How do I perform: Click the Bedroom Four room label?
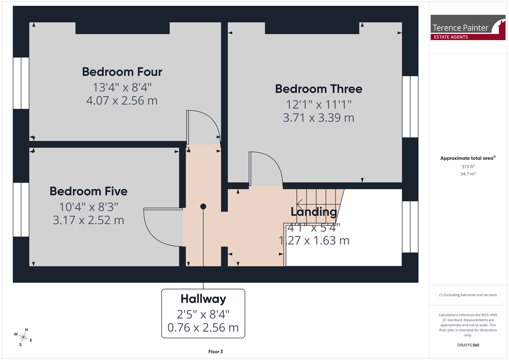tap(122, 72)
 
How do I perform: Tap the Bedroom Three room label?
tap(319, 89)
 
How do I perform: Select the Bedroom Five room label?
tap(88, 191)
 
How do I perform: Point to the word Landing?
tap(314, 212)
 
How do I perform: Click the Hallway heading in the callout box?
tap(203, 299)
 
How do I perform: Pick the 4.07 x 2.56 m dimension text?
tap(122, 101)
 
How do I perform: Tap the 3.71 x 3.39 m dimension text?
tap(318, 118)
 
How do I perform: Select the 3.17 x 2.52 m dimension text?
tap(88, 220)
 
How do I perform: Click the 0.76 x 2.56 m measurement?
tap(203, 328)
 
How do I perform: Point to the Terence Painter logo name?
tap(460, 28)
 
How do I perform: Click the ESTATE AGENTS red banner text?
tap(451, 37)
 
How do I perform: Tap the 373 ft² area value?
tap(468, 167)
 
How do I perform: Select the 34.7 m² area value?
tap(468, 174)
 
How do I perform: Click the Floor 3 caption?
tap(215, 352)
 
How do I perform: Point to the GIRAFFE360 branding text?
tap(468, 345)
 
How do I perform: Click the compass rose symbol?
tap(23, 337)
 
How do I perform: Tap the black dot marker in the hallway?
tap(203, 207)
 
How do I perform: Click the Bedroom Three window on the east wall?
tap(410, 107)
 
